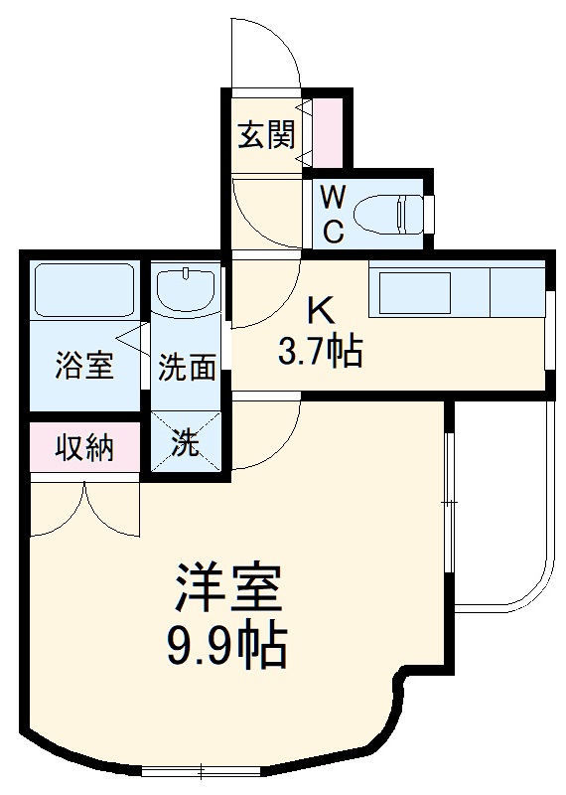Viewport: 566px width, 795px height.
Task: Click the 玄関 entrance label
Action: tap(265, 133)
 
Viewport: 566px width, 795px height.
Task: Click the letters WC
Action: tap(333, 212)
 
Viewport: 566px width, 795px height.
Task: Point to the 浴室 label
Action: tap(83, 367)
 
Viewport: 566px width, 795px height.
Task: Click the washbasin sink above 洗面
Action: tap(187, 288)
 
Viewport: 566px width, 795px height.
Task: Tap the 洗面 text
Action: tap(188, 369)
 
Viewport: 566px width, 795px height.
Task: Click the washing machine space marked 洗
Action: tap(186, 442)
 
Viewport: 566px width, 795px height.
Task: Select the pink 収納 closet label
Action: tap(83, 448)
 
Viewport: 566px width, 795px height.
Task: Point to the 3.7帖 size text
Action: tap(320, 350)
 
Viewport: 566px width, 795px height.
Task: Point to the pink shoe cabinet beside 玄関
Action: tap(327, 132)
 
